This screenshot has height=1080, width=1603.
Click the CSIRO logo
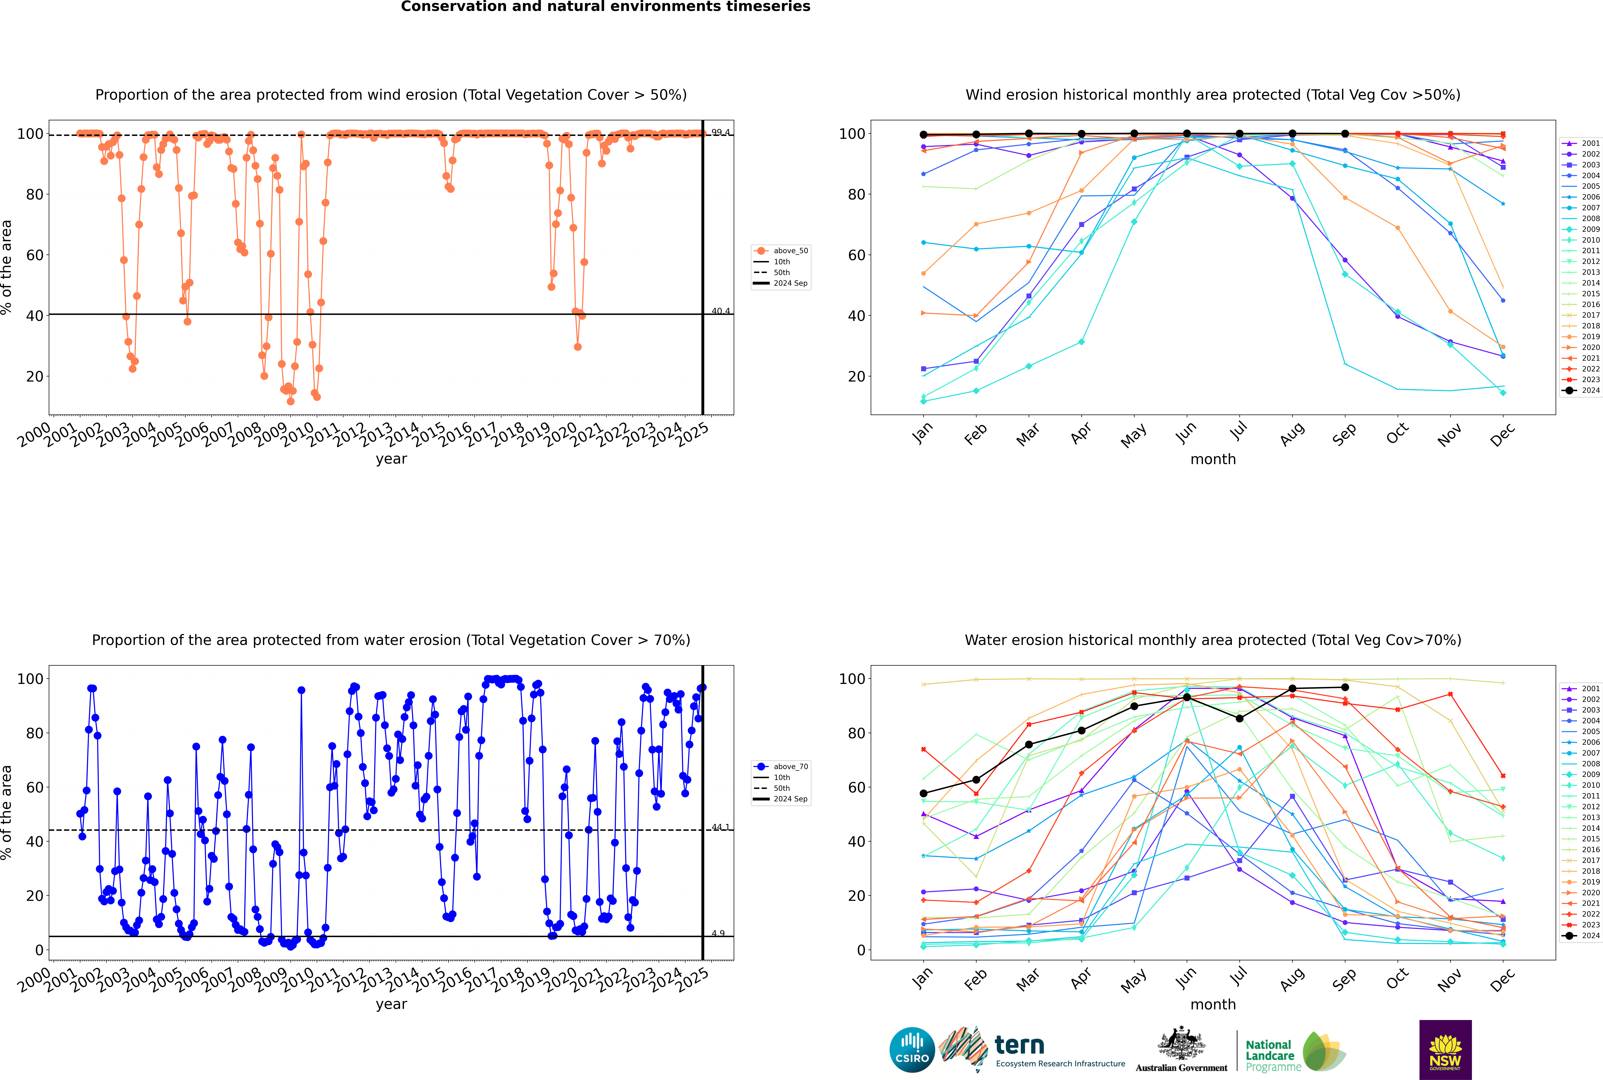click(912, 1050)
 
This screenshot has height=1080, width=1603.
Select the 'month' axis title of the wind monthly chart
click(1213, 459)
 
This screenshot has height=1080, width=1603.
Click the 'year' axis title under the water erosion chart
click(391, 1004)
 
